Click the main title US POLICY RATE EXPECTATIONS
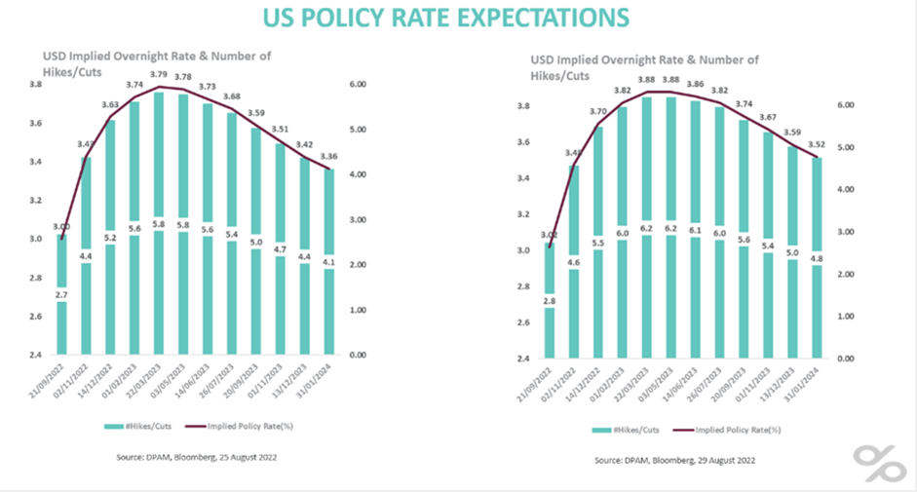(458, 18)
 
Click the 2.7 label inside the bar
(60, 292)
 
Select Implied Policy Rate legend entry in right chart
(741, 428)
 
